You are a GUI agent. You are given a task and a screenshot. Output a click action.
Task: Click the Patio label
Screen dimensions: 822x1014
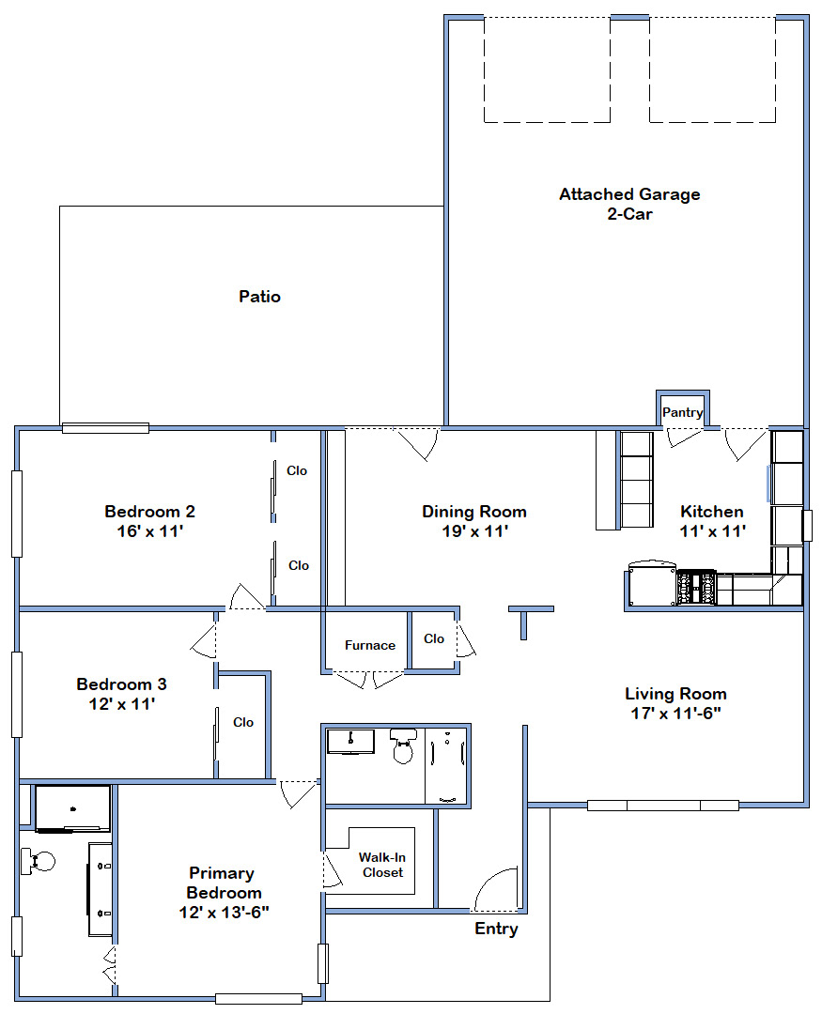point(259,297)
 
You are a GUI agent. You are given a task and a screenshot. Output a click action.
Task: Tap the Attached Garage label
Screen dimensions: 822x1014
point(629,194)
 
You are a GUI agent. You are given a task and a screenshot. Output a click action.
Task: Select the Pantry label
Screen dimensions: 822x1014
point(682,412)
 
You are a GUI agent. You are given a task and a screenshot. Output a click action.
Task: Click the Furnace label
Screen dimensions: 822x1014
point(369,645)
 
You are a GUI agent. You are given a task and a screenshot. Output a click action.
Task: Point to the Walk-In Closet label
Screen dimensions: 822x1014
point(382,865)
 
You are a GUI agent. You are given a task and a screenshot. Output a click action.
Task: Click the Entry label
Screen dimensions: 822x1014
point(496,929)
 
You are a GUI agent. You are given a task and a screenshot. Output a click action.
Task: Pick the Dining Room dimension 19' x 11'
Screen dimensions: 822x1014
point(475,531)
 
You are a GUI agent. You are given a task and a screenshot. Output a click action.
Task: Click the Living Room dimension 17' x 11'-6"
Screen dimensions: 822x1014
point(675,714)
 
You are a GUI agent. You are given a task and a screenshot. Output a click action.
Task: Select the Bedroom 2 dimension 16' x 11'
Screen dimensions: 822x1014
point(150,531)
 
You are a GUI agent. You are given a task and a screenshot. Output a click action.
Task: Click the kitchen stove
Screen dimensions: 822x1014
point(696,588)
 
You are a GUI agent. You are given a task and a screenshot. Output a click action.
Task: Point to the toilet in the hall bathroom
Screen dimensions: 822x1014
point(403,745)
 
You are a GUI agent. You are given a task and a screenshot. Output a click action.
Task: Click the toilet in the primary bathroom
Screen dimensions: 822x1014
point(39,861)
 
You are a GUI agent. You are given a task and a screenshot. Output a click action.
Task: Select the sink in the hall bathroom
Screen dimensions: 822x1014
point(350,742)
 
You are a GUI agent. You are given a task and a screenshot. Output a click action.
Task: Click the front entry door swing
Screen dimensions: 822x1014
point(496,888)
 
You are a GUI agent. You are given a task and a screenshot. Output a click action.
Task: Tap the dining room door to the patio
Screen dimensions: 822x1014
point(417,444)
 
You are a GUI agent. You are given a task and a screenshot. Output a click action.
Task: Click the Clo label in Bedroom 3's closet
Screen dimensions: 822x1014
point(243,722)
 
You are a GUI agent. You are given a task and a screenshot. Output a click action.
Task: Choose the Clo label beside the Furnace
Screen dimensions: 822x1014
point(434,639)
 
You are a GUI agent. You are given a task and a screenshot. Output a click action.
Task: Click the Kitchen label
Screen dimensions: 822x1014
point(712,512)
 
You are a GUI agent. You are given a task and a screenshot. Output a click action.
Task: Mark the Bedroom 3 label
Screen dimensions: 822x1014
point(122,684)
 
